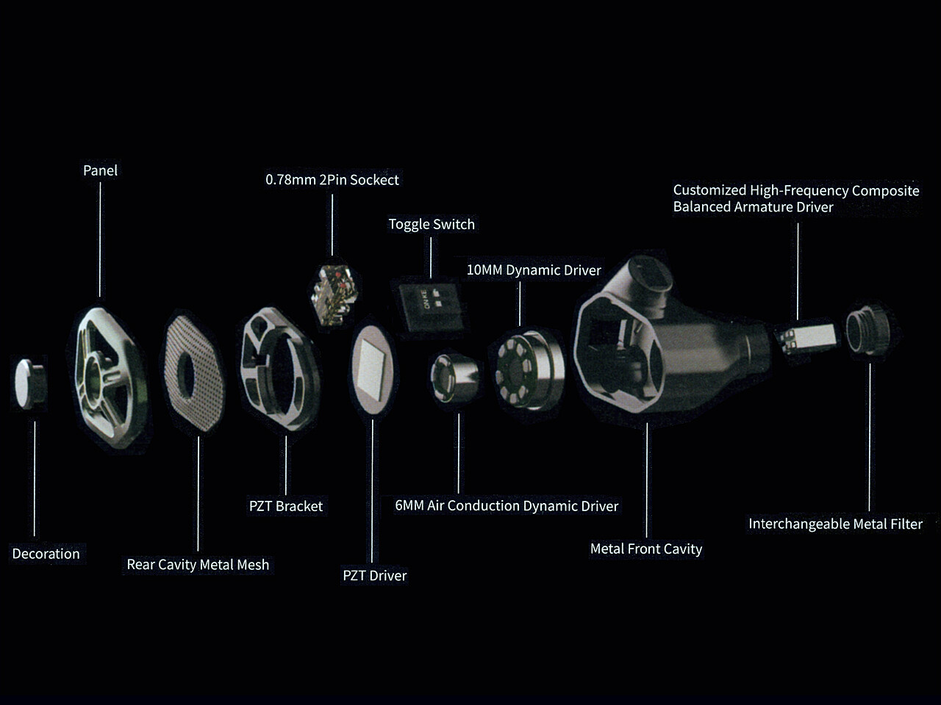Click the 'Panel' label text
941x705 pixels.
coord(100,170)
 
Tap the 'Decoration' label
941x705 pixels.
coord(46,554)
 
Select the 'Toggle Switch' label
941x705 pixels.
coord(432,224)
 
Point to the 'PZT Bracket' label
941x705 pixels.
coord(286,506)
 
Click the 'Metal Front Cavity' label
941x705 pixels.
coord(646,549)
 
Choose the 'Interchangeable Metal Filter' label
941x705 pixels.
coord(836,524)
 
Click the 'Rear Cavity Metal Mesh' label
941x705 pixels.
coord(198,565)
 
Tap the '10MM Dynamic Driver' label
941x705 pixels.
coord(534,270)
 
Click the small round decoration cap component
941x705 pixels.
coord(30,383)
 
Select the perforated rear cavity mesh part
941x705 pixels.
coord(194,373)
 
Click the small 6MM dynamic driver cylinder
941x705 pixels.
coord(454,378)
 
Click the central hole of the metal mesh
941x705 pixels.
coord(186,375)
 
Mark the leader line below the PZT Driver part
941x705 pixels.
coord(372,491)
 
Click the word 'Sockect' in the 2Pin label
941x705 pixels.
coord(374,180)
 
